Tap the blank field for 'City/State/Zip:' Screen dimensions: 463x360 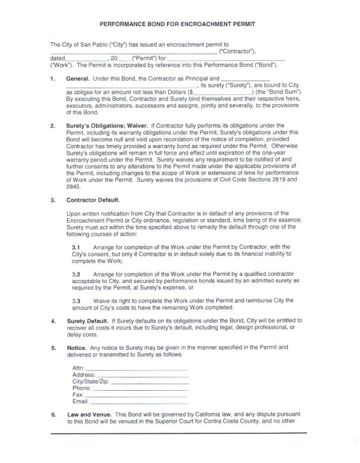pyautogui.click(x=150, y=382)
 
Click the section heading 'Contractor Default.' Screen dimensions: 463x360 pyautogui.click(x=93, y=200)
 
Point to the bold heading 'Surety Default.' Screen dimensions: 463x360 pyautogui.click(x=88, y=320)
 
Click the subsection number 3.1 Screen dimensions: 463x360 pyautogui.click(x=76, y=246)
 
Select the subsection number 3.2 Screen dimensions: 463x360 pyautogui.click(x=76, y=275)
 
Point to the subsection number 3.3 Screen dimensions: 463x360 pyautogui.click(x=76, y=301)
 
